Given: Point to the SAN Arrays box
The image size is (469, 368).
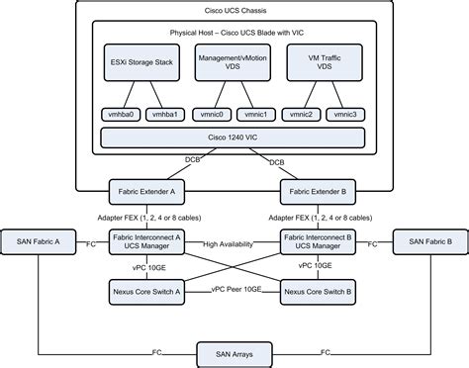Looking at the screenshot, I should (x=234, y=350).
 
